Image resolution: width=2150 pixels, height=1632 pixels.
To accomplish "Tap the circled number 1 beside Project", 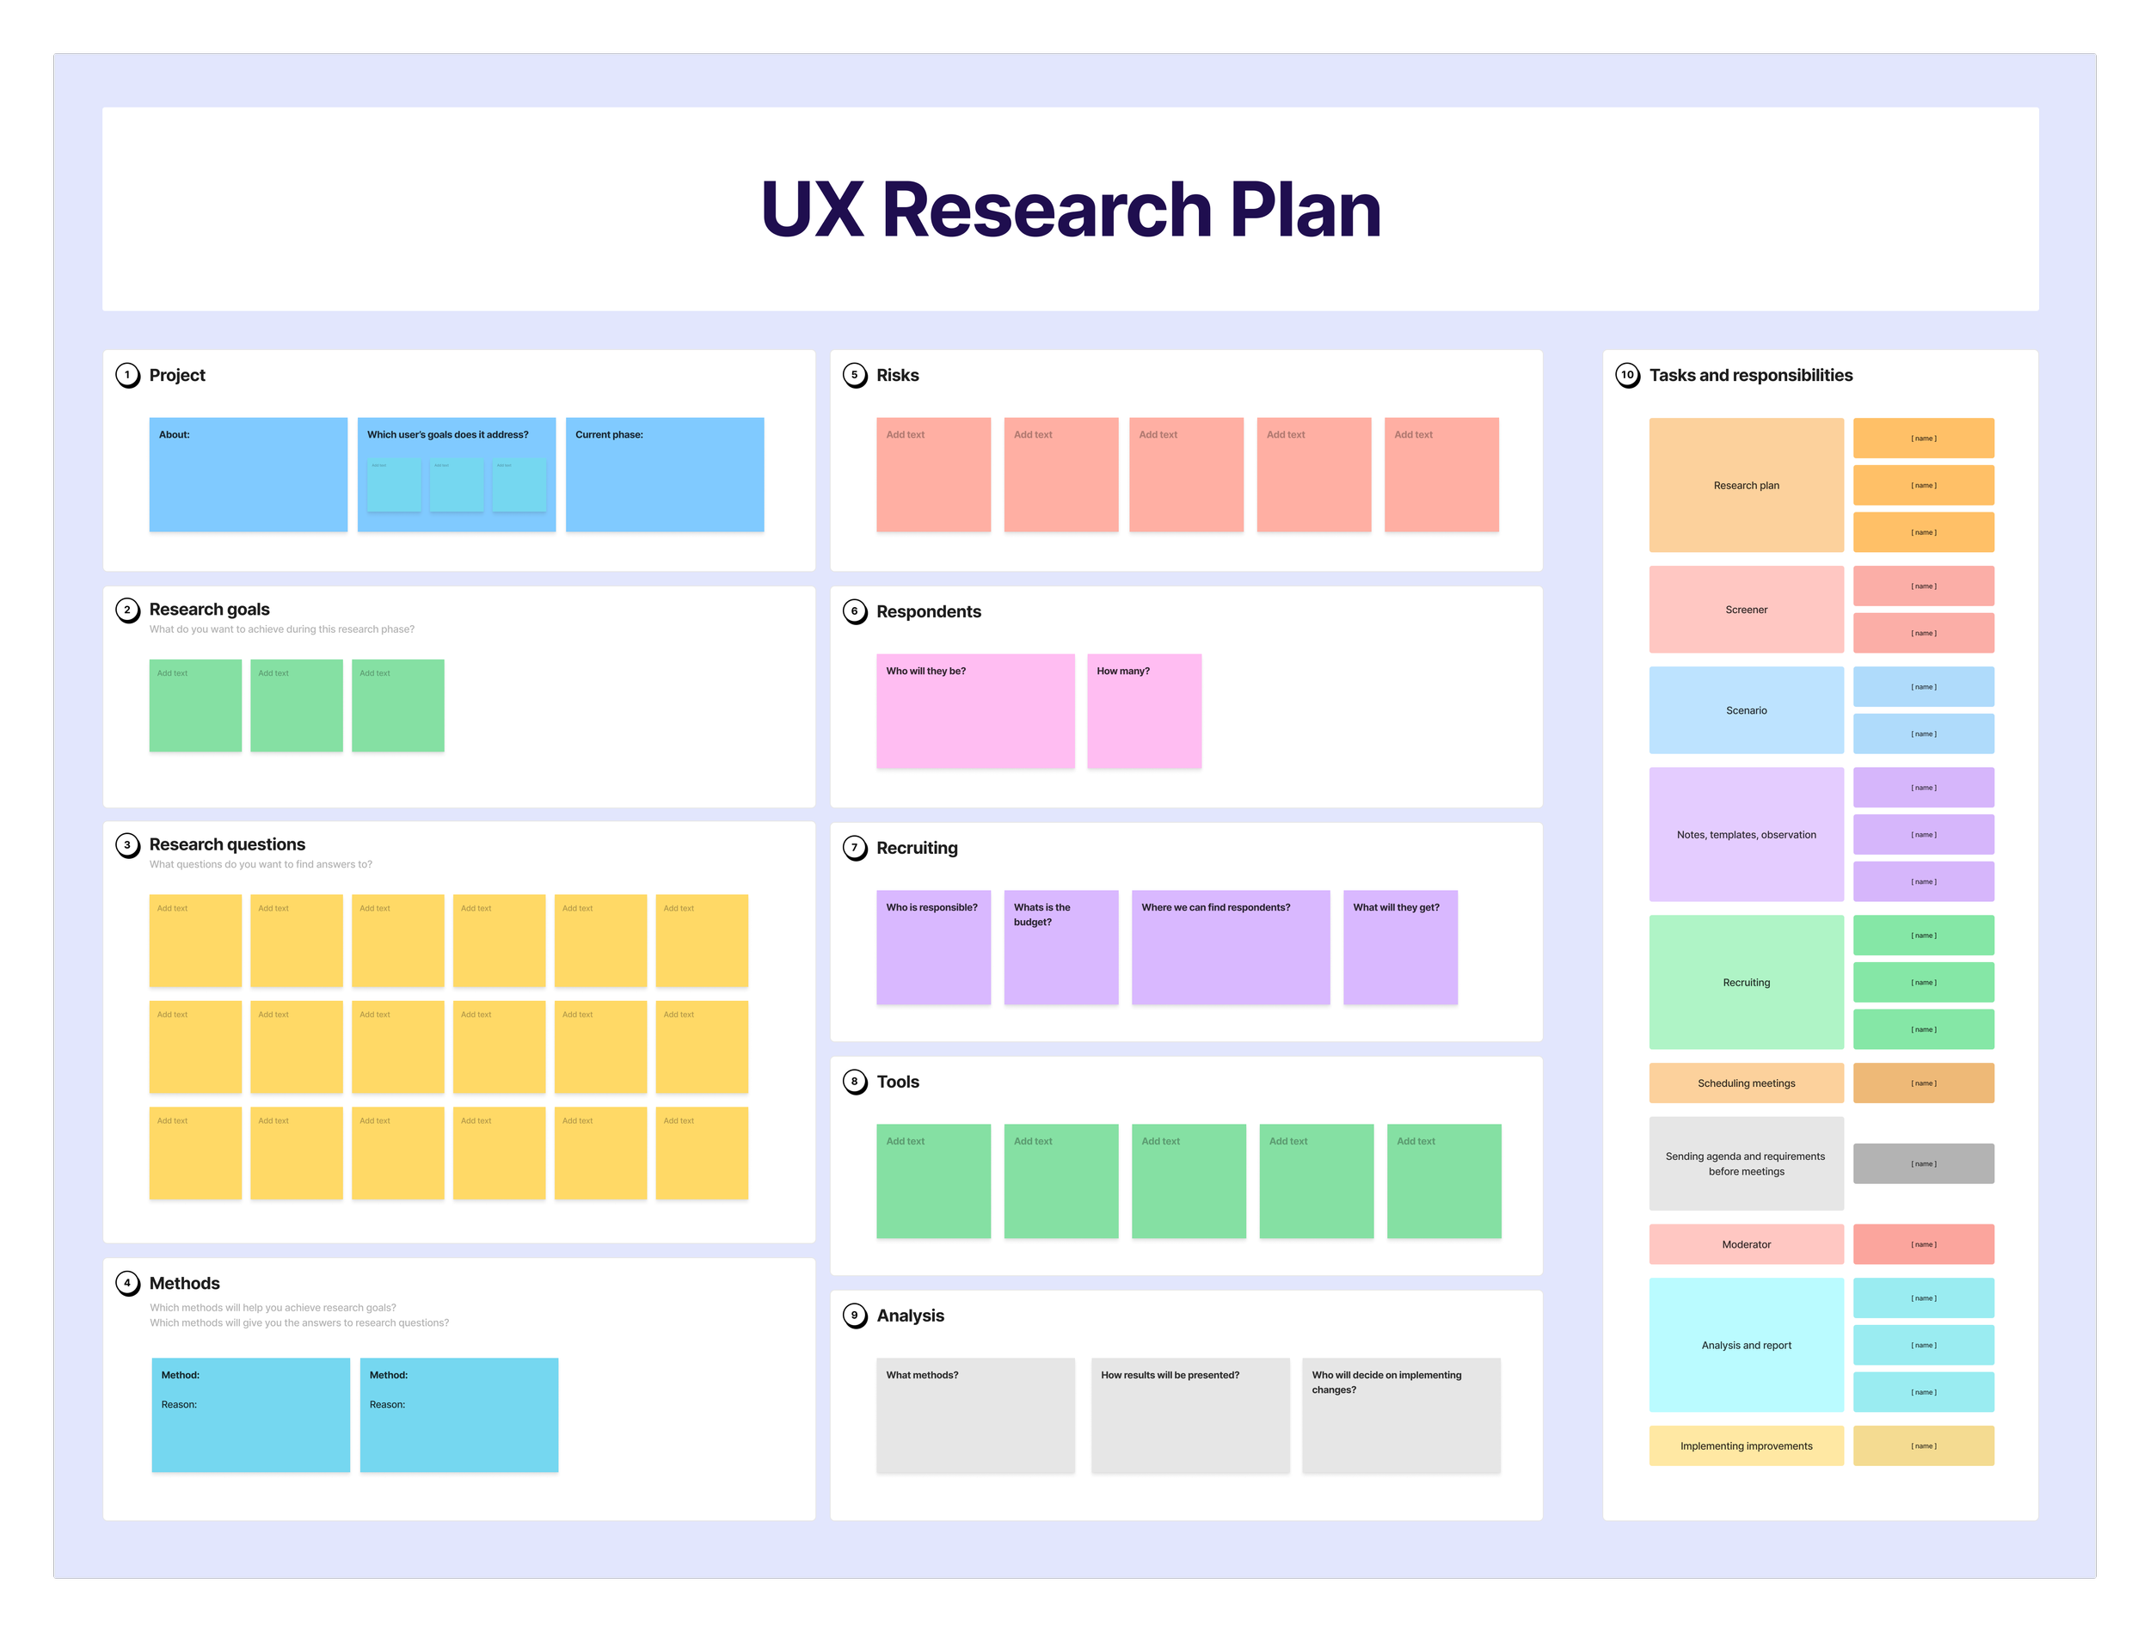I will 127,375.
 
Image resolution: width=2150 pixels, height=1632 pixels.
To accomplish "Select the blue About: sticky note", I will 248,475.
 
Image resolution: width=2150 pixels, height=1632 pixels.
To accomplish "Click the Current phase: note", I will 664,475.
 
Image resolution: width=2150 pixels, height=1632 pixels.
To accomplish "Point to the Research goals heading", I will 209,610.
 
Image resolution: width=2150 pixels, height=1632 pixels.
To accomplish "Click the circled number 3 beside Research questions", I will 127,844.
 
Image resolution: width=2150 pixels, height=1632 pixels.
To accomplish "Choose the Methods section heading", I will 184,1283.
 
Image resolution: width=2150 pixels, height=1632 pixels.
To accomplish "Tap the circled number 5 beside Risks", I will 854,375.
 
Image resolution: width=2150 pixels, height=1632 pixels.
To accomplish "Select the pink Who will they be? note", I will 975,710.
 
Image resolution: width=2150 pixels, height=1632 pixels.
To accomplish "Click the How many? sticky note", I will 1144,710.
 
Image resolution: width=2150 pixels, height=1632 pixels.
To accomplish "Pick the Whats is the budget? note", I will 1060,947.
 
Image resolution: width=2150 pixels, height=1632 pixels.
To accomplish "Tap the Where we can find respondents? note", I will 1231,947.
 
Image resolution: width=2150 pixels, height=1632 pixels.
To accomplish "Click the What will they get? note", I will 1399,947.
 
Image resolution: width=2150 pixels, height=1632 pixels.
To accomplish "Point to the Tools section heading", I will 897,1082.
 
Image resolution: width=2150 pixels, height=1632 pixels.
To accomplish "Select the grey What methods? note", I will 975,1415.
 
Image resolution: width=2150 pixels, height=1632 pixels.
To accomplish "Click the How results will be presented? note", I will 1189,1415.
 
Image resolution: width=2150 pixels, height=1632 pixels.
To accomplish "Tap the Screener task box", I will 1746,610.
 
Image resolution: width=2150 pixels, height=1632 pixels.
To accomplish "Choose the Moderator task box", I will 1746,1244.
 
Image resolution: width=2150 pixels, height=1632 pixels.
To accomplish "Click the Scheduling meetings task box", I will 1746,1083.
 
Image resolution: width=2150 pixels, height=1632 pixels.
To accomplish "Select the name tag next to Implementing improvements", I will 1923,1445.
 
